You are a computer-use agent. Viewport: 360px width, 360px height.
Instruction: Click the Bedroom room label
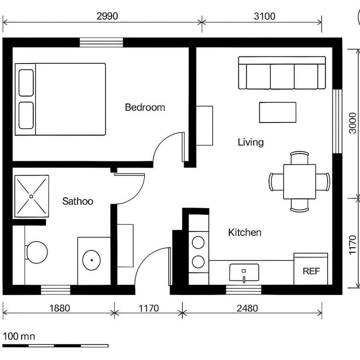pos(145,107)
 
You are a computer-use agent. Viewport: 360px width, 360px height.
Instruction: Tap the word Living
pos(251,142)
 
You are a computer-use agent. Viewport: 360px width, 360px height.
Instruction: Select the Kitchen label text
pos(245,232)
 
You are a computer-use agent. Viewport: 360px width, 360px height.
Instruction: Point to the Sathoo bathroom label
pos(78,201)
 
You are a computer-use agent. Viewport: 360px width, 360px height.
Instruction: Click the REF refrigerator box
pos(311,271)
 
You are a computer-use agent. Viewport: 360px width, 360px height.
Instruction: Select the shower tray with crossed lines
pos(32,196)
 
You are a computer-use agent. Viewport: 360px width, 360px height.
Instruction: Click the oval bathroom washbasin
pos(92,260)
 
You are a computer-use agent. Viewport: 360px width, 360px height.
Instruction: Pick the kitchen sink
pos(244,273)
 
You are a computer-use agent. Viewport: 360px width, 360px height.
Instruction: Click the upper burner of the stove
pos(198,242)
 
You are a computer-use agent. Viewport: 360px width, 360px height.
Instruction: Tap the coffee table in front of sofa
pos(278,112)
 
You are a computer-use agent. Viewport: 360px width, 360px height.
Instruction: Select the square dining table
pos(300,181)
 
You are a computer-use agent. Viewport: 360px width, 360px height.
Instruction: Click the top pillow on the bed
pos(26,82)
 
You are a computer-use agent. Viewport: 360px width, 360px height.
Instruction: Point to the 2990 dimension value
pos(108,16)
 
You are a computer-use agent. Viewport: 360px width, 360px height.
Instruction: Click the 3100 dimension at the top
pos(264,16)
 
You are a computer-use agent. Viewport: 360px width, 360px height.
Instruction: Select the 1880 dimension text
pos(60,308)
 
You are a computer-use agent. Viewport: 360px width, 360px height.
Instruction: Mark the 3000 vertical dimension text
pos(352,123)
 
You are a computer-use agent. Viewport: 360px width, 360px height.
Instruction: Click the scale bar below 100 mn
pos(55,345)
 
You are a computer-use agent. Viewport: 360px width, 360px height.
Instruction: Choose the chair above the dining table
pos(300,158)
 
